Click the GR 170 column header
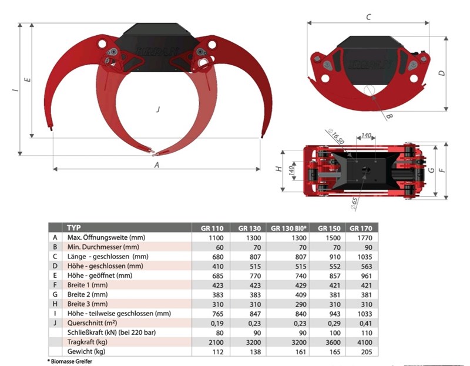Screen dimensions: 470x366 click(361, 228)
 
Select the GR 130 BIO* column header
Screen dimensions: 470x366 click(288, 228)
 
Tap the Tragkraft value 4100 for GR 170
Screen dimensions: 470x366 click(364, 343)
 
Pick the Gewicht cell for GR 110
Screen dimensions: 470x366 click(218, 352)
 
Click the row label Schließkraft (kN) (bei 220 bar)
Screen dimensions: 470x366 click(112, 333)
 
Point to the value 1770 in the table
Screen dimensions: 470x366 click(364, 238)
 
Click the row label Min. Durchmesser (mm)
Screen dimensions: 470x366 click(103, 247)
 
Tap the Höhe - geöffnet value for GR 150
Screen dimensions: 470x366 click(335, 276)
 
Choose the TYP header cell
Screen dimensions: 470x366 click(74, 227)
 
